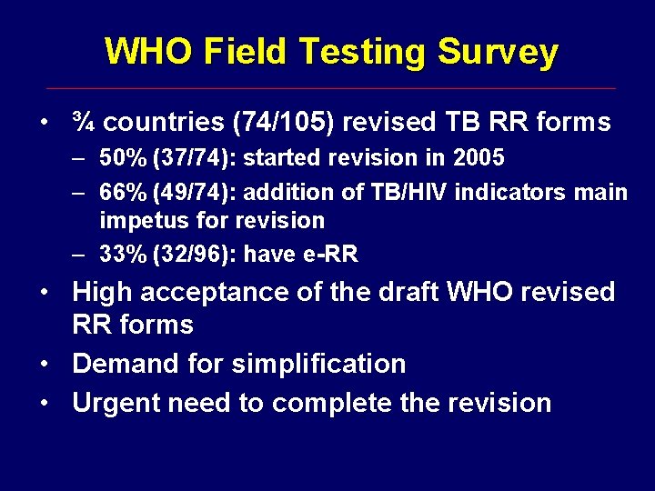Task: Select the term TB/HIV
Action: tap(397, 192)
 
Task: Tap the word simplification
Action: tap(318, 364)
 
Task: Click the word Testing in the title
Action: tap(360, 53)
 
